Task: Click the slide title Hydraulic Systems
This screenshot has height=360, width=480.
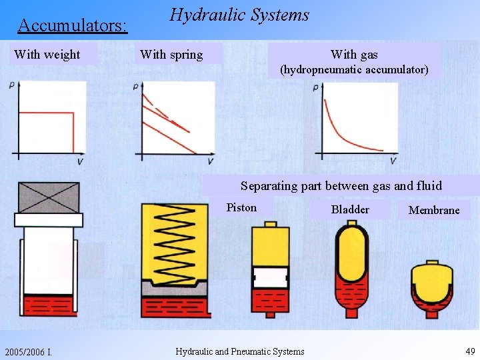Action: (x=239, y=15)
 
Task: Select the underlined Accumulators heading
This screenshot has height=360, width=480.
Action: (x=73, y=26)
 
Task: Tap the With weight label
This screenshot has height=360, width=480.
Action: (x=47, y=55)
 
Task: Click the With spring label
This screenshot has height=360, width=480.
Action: (x=171, y=55)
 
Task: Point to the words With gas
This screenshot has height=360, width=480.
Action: (x=354, y=55)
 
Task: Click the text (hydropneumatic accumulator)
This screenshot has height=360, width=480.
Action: (x=354, y=69)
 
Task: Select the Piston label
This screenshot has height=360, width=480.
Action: (x=241, y=207)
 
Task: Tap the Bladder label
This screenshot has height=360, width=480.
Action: (x=350, y=209)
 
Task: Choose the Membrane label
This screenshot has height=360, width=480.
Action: (x=434, y=210)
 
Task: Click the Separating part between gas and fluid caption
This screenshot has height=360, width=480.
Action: (x=341, y=186)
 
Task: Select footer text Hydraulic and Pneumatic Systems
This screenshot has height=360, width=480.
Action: (x=239, y=352)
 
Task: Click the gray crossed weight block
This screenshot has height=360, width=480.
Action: (x=49, y=197)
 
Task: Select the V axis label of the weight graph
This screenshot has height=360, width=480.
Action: (x=80, y=162)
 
